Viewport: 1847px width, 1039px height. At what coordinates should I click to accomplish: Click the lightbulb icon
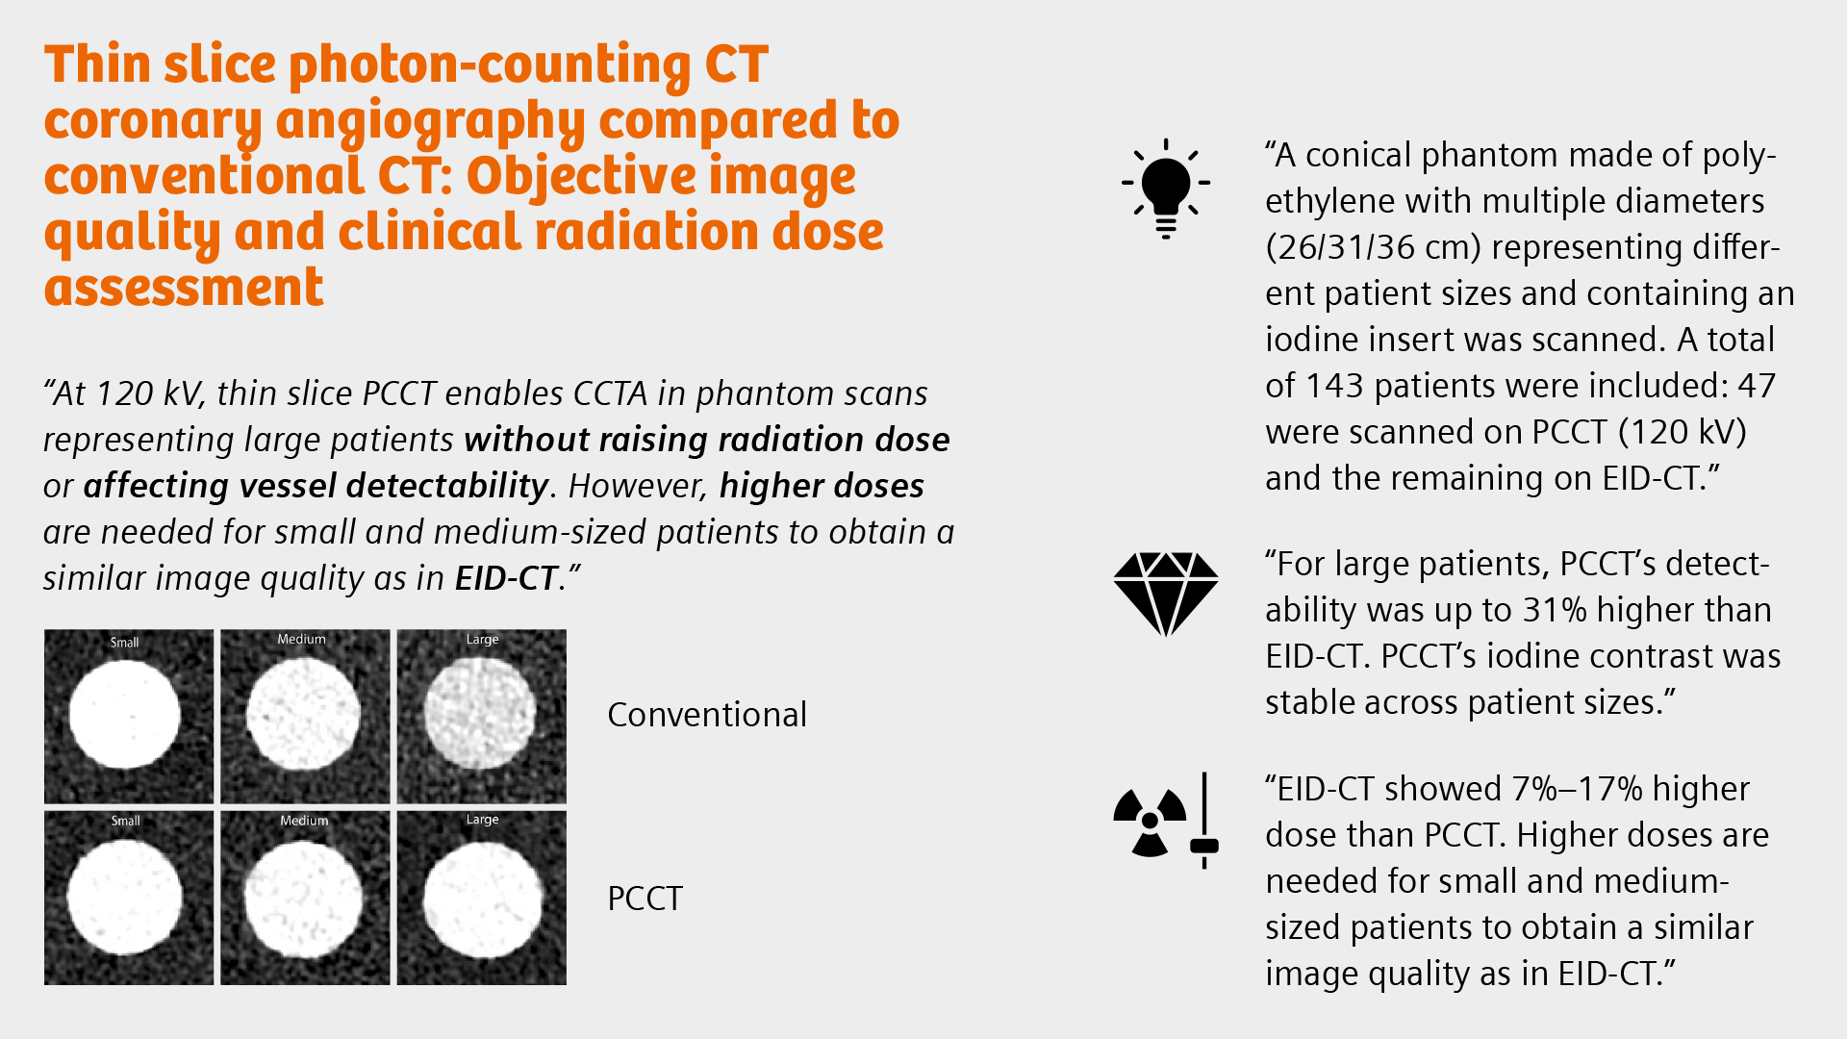tap(1165, 188)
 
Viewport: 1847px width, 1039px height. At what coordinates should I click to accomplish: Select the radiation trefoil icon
tap(1150, 822)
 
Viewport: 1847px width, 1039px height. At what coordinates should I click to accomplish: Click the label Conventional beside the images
tap(707, 715)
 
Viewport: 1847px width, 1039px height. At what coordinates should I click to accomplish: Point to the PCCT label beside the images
tap(645, 899)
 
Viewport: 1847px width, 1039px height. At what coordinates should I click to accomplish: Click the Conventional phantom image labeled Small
tap(129, 717)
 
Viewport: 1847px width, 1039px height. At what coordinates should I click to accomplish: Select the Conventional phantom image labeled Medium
tap(305, 717)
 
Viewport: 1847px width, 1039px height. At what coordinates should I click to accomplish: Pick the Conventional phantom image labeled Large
tap(481, 717)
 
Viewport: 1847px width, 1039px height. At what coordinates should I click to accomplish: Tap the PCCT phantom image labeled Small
tap(129, 898)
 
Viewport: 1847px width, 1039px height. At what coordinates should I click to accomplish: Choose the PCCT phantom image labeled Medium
tap(305, 898)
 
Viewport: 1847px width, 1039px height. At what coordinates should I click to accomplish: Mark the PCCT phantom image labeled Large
tap(481, 898)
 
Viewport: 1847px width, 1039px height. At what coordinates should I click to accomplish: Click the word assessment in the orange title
tap(184, 288)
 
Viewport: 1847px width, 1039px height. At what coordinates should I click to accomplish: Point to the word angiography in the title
tap(430, 122)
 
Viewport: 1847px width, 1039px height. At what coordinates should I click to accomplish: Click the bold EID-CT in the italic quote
tap(506, 578)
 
